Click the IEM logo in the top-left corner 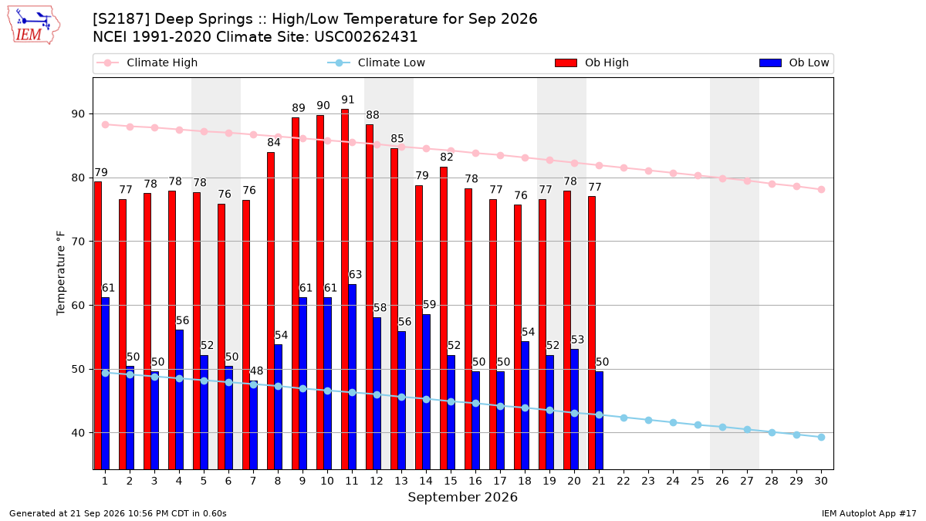click(x=34, y=25)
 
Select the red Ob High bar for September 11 click(x=345, y=289)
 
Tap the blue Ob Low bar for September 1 click(x=106, y=384)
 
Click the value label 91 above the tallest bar click(x=348, y=100)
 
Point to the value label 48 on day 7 click(x=256, y=370)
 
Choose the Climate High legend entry click(x=147, y=63)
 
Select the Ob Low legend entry click(x=794, y=63)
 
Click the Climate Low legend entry click(x=377, y=63)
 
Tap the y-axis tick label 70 click(x=78, y=242)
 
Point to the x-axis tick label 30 click(x=821, y=481)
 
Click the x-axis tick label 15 click(x=451, y=481)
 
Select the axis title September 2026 click(x=462, y=497)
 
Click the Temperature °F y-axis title click(x=61, y=273)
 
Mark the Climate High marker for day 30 click(x=821, y=189)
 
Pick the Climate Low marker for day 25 click(x=698, y=425)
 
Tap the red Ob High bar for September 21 click(x=592, y=333)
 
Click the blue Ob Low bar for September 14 click(x=426, y=392)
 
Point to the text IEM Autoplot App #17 click(x=869, y=513)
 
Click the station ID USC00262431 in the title click(x=366, y=37)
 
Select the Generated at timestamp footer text click(x=118, y=513)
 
